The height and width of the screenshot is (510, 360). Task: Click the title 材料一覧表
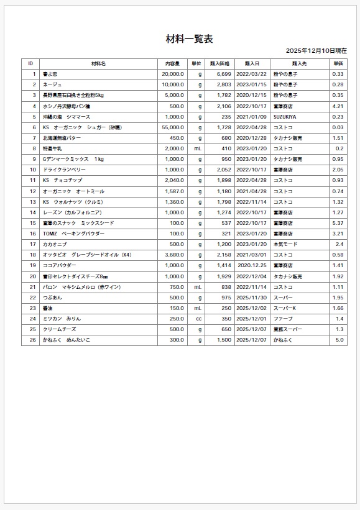(189, 39)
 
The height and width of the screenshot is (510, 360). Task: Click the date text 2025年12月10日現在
(316, 50)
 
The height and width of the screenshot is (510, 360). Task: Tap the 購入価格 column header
(219, 63)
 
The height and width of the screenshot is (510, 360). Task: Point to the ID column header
(30, 63)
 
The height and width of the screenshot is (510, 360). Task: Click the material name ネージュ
(52, 84)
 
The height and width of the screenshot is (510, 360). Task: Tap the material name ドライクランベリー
(64, 170)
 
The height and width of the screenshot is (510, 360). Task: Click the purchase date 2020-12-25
(252, 265)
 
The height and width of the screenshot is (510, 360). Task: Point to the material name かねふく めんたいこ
(67, 340)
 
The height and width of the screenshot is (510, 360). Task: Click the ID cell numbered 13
(33, 202)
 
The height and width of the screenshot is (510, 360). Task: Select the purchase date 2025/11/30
(252, 298)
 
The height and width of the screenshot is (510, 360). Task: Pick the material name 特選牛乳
(53, 148)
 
